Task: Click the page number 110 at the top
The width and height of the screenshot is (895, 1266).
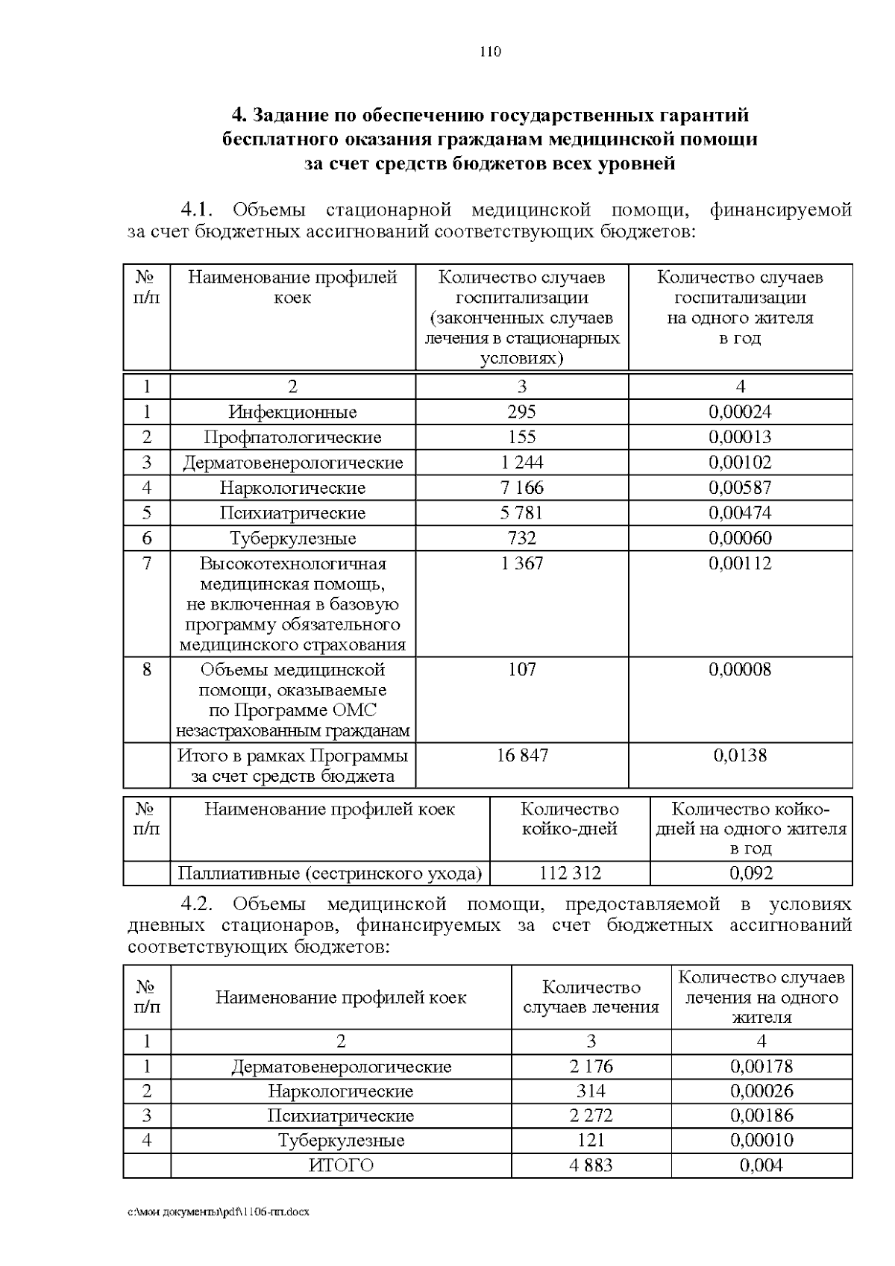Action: pyautogui.click(x=490, y=51)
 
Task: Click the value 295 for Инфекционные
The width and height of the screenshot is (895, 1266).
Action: pyautogui.click(x=521, y=412)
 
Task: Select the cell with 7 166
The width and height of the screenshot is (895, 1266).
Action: pyautogui.click(x=521, y=488)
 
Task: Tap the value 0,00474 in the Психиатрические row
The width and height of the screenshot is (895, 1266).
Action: pyautogui.click(x=740, y=513)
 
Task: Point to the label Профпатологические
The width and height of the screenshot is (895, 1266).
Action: pyautogui.click(x=292, y=437)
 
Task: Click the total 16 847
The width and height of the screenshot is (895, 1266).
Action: pyautogui.click(x=522, y=755)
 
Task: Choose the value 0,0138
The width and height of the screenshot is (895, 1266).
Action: pyautogui.click(x=740, y=755)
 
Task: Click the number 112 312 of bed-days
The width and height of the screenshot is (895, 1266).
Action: pyautogui.click(x=569, y=873)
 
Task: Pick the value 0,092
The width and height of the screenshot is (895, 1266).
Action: pyautogui.click(x=751, y=873)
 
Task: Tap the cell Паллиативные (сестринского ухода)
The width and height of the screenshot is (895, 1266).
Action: pyautogui.click(x=330, y=873)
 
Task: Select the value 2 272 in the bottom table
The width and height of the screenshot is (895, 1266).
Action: pyautogui.click(x=591, y=1115)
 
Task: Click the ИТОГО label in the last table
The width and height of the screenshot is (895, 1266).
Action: pyautogui.click(x=341, y=1165)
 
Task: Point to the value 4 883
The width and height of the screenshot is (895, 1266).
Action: pyautogui.click(x=591, y=1165)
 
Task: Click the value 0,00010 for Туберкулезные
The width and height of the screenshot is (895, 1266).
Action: pyautogui.click(x=761, y=1140)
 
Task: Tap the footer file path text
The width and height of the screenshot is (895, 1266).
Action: pyautogui.click(x=219, y=1212)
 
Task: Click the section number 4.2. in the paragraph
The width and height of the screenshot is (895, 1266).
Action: pyautogui.click(x=198, y=904)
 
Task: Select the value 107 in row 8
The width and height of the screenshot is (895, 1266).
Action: pyautogui.click(x=521, y=669)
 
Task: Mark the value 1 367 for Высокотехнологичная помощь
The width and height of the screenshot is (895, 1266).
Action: pyautogui.click(x=521, y=563)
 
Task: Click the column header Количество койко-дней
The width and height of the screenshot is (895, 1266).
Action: pyautogui.click(x=569, y=819)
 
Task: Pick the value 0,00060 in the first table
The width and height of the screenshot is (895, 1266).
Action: pyautogui.click(x=740, y=539)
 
